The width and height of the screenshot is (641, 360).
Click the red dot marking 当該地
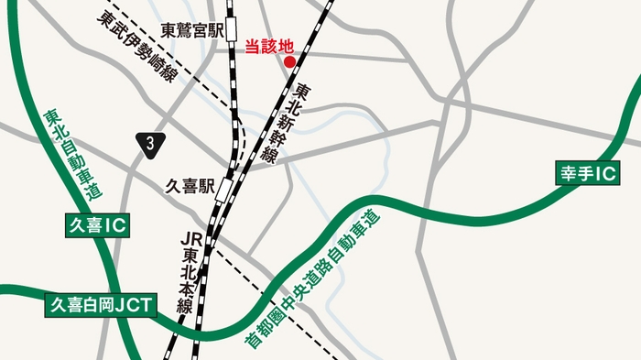click(x=290, y=62)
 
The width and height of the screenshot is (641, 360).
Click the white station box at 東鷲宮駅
click(x=232, y=31)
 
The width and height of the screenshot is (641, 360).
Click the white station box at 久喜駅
click(x=223, y=189)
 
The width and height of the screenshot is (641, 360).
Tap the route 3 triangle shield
click(x=150, y=141)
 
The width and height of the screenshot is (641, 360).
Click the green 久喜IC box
click(x=95, y=224)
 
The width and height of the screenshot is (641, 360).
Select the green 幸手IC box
click(x=590, y=172)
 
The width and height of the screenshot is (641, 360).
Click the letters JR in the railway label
click(x=191, y=238)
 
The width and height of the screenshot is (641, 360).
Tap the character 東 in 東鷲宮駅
click(x=168, y=30)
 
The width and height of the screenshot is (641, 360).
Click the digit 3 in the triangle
click(x=150, y=142)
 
